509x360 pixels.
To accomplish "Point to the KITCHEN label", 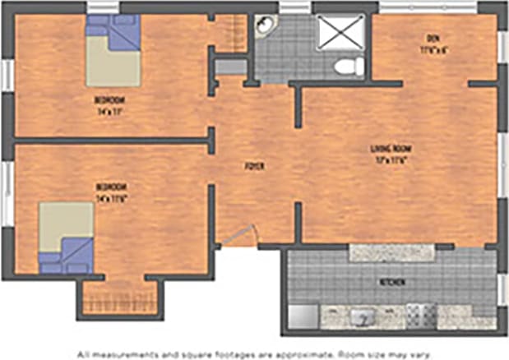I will click(391, 283).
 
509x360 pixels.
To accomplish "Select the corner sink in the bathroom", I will click(265, 27).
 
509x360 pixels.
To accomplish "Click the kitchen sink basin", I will click(361, 316).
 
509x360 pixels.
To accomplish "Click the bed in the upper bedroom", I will click(113, 51).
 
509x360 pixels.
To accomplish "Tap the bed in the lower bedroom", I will click(66, 238).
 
